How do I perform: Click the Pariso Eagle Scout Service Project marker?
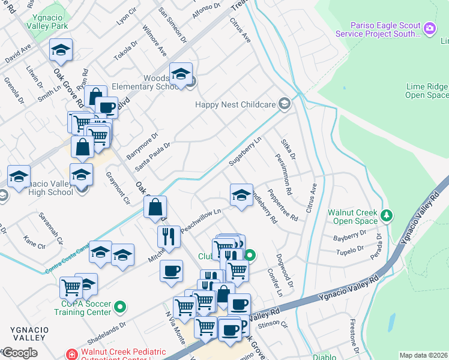[429, 28]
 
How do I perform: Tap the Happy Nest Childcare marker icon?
[285, 105]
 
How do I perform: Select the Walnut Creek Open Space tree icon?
[387, 214]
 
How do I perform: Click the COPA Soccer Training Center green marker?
[121, 308]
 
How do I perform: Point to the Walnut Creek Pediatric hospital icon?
[72, 353]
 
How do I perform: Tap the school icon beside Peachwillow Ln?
[241, 195]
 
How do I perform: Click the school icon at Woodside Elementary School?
[181, 74]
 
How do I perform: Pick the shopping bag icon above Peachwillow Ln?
[155, 207]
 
